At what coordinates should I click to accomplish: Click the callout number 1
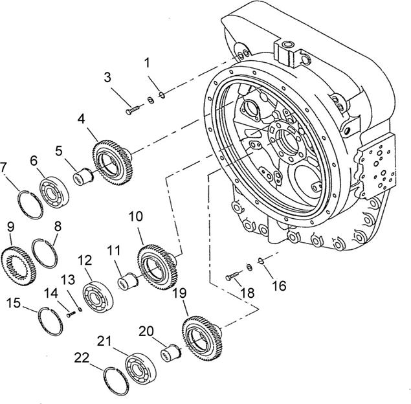(x=148, y=63)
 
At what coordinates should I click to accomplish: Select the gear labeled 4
(x=114, y=162)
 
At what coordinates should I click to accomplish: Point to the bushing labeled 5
(x=83, y=175)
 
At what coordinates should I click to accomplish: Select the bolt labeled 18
(x=234, y=276)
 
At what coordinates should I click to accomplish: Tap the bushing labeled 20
(x=172, y=353)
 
